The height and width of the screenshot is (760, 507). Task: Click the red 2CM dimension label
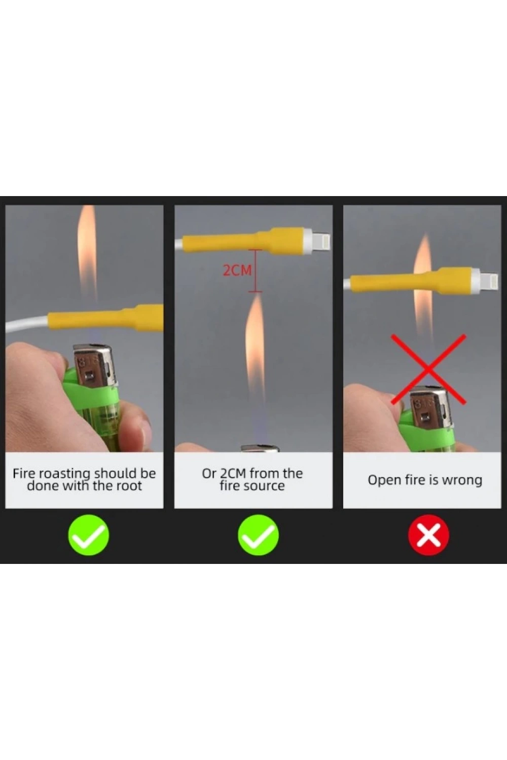237,270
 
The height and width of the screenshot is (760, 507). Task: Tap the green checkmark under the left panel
89,535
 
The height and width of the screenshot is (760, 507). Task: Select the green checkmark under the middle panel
259,535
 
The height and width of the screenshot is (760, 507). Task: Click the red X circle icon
428,535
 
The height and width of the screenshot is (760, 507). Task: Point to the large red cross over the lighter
428,369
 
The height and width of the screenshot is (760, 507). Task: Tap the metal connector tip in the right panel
489,280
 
